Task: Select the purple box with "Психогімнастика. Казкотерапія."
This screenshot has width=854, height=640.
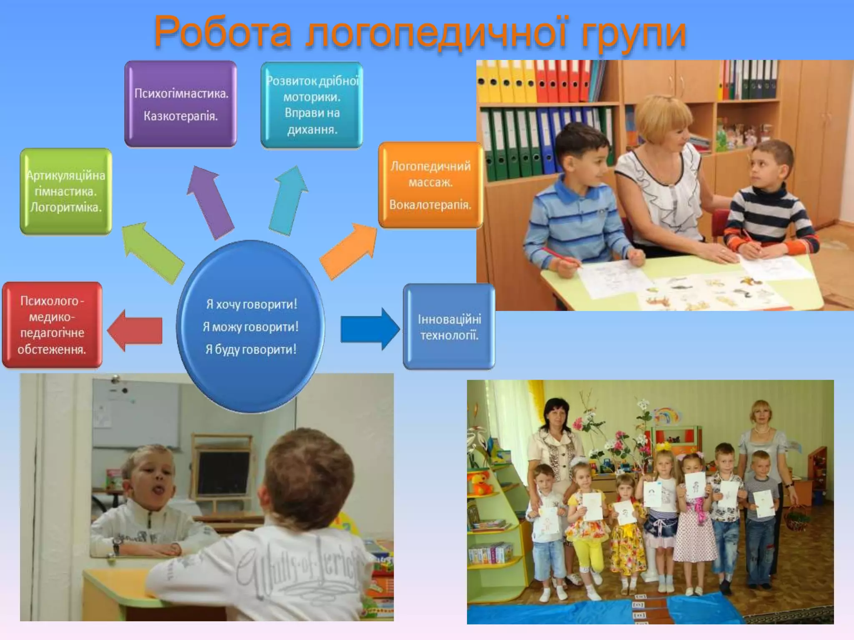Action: coord(181,104)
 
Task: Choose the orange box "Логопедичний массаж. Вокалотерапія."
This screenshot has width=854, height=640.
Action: coord(430,185)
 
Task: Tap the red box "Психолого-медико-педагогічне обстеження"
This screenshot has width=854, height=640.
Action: coord(52,325)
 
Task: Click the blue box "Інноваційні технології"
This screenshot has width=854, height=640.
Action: coord(449,327)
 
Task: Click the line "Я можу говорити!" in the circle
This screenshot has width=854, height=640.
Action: coord(251,327)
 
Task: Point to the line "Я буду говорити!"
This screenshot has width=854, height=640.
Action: coord(251,349)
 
